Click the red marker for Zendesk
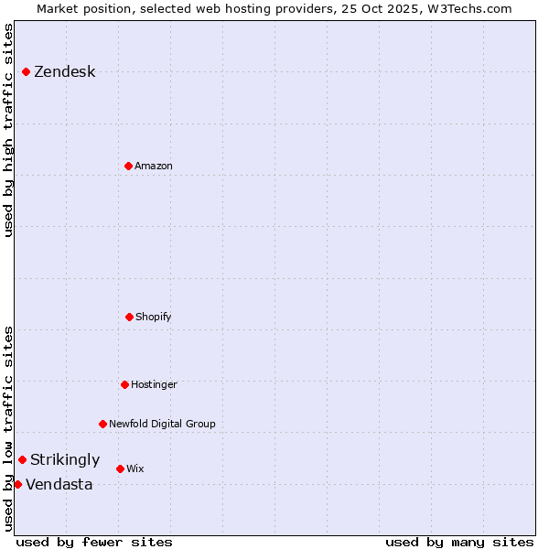(x=26, y=71)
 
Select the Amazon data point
(x=128, y=166)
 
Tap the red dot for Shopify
(x=129, y=317)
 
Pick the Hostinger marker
(x=124, y=384)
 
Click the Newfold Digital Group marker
(x=102, y=424)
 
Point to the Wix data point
(x=120, y=468)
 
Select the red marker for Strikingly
(x=22, y=459)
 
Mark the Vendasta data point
(x=17, y=484)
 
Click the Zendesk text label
(x=64, y=72)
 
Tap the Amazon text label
(x=154, y=166)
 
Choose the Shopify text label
(x=154, y=317)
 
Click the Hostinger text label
(x=154, y=384)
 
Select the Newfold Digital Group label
(x=162, y=424)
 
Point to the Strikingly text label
(x=65, y=460)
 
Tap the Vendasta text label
(x=59, y=485)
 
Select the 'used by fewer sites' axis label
(x=94, y=542)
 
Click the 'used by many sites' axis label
(x=459, y=542)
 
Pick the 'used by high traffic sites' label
(x=8, y=130)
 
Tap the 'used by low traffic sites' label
(x=8, y=428)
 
